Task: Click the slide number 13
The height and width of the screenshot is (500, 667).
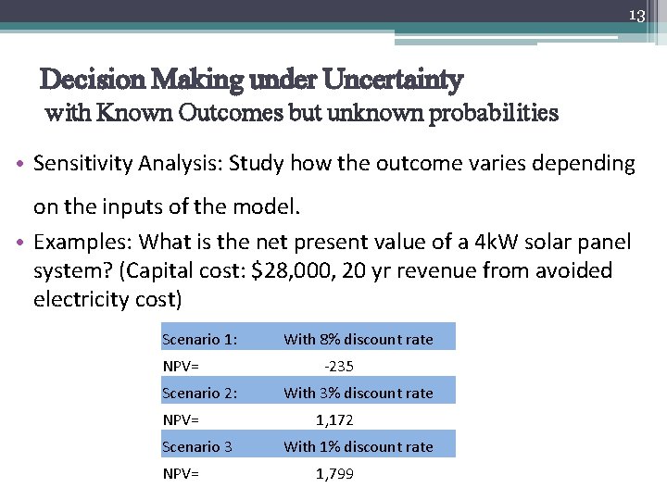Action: [x=636, y=16]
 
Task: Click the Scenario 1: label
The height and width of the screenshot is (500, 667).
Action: [x=199, y=339]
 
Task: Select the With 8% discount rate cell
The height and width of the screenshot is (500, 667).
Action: [x=359, y=339]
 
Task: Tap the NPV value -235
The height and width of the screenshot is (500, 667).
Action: [x=338, y=366]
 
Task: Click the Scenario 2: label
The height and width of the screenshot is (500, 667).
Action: [x=199, y=393]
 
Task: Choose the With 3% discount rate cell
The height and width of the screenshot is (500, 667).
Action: [x=359, y=393]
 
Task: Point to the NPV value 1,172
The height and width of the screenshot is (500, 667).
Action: [x=334, y=419]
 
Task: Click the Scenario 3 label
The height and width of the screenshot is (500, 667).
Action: [x=196, y=446]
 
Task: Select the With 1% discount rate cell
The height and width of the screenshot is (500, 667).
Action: [x=359, y=446]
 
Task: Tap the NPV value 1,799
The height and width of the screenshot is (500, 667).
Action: [x=334, y=474]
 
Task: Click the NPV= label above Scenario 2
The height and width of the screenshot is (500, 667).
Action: [x=181, y=366]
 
